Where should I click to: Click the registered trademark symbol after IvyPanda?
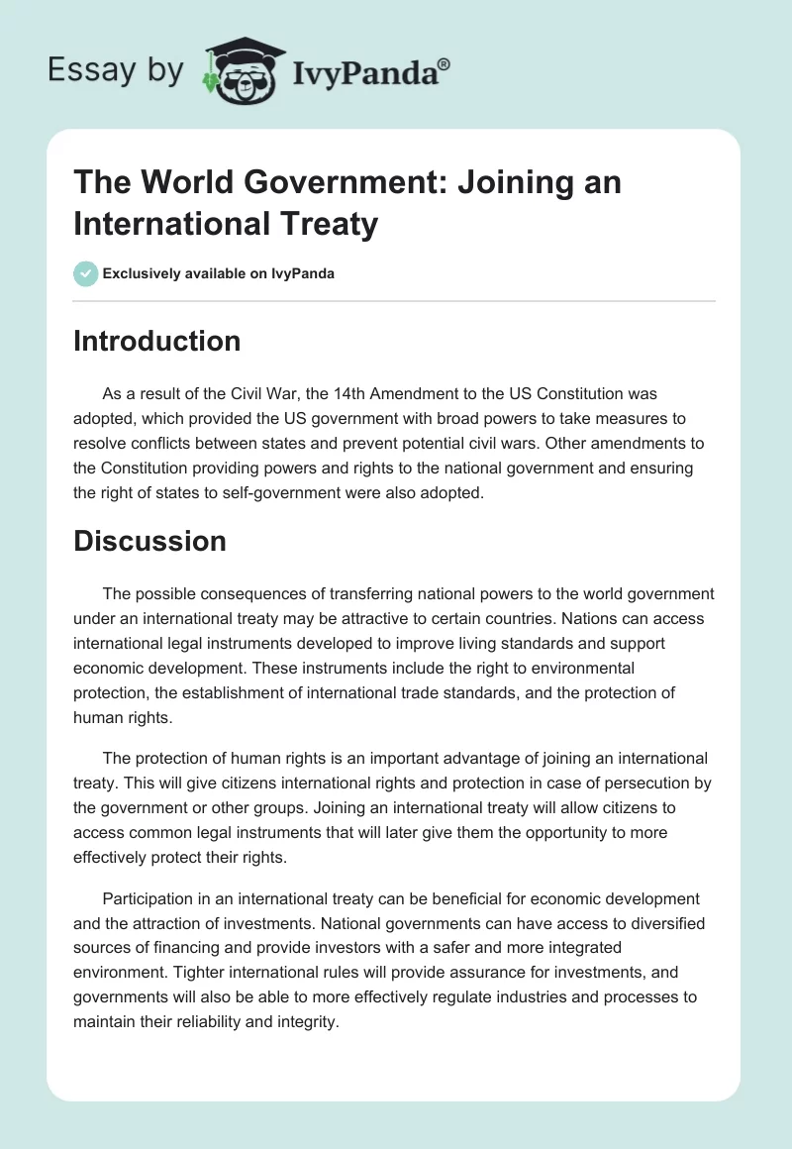click(445, 64)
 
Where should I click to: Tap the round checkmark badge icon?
click(86, 273)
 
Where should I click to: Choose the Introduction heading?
click(157, 341)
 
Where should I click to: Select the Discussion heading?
click(150, 541)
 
